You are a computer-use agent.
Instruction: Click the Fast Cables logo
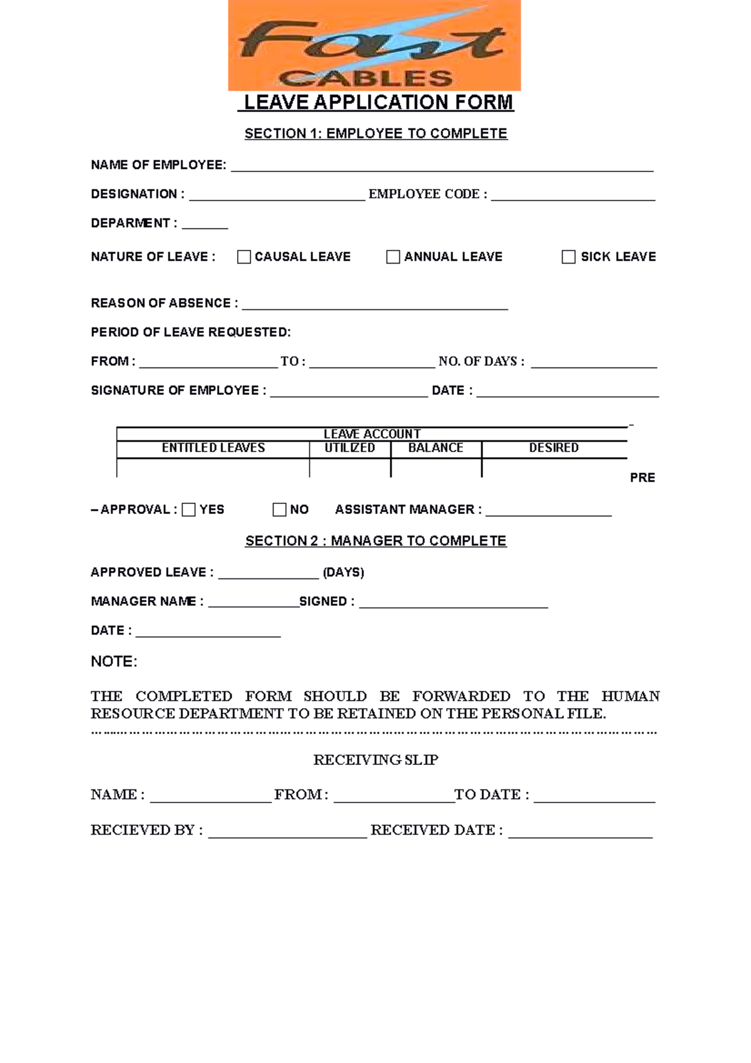[x=374, y=46]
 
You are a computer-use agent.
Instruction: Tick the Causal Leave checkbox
[x=244, y=257]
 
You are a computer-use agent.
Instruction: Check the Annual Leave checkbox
[x=393, y=257]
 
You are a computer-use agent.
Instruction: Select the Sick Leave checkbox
[x=568, y=257]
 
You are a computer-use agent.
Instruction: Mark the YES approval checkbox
[x=188, y=510]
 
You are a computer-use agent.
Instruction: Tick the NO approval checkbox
[x=279, y=510]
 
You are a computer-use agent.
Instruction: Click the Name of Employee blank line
[x=442, y=167]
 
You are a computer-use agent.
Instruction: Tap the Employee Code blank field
[x=573, y=196]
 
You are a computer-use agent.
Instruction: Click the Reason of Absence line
[x=374, y=305]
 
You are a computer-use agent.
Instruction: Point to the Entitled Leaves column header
[x=213, y=448]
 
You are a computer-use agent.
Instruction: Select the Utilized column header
[x=350, y=448]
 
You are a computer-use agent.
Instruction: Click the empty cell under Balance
[x=436, y=468]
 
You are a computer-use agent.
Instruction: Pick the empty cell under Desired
[x=554, y=468]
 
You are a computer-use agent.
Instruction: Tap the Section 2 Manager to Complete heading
[x=375, y=541]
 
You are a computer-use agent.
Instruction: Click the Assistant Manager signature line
[x=548, y=511]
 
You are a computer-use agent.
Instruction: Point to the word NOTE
[x=114, y=662]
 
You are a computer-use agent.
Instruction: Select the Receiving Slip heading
[x=375, y=760]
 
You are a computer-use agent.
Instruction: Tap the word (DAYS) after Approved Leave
[x=343, y=572]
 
